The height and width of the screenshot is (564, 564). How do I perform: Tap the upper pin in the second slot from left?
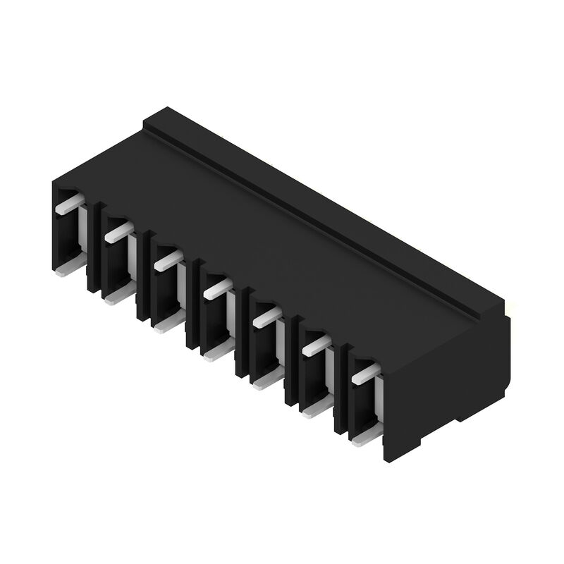tap(118, 232)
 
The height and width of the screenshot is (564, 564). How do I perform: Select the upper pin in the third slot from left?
tap(167, 260)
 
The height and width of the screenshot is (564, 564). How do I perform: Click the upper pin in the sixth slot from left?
tap(316, 345)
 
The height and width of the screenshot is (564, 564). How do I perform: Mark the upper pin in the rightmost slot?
tap(365, 374)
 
